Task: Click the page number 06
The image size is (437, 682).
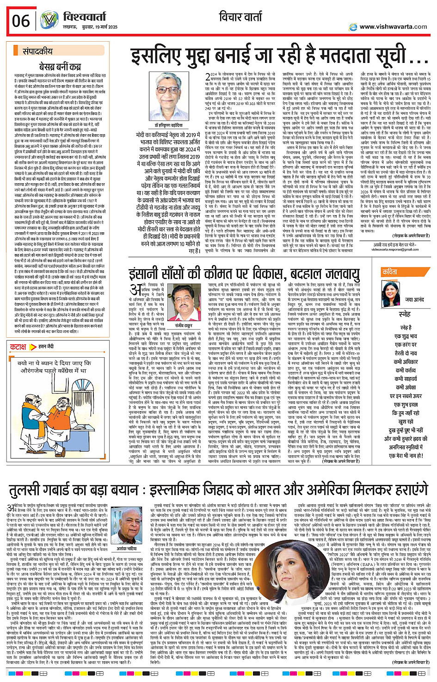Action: [21, 21]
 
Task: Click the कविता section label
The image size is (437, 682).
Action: [389, 273]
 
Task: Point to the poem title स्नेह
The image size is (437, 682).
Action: [405, 314]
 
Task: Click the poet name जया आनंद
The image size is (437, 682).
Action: [414, 300]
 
